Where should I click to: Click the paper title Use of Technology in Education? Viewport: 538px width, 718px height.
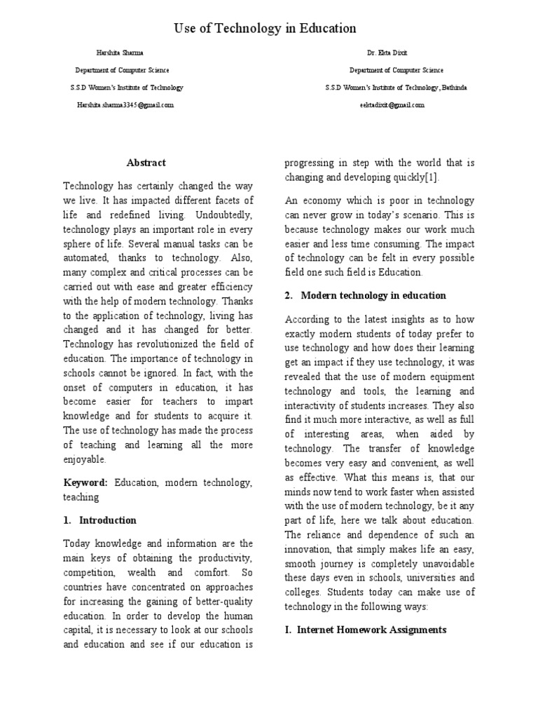pos(265,29)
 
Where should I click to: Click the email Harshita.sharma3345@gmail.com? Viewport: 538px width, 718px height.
pos(125,104)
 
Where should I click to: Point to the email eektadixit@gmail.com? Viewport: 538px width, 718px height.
pos(396,104)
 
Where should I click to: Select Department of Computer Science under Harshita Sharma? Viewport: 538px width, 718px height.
pos(122,70)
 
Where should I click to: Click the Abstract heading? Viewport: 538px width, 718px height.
pos(146,163)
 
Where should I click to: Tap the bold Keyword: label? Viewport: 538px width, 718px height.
pos(85,483)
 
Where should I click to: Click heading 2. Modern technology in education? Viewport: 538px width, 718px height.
pos(365,295)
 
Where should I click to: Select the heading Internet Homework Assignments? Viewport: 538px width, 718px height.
pos(371,630)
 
